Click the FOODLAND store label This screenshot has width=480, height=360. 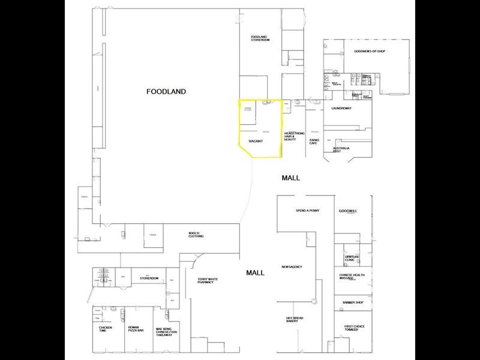166,92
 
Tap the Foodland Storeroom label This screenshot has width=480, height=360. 260,39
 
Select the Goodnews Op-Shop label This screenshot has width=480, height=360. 369,51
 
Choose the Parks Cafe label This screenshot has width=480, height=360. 314,142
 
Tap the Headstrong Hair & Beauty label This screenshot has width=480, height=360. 295,136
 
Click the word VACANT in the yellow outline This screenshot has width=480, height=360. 256,141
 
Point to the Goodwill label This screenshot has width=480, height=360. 347,211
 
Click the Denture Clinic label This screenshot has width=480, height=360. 352,258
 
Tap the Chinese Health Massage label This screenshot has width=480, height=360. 352,276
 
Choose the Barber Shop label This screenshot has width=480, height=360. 353,302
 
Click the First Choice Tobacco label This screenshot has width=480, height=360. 354,328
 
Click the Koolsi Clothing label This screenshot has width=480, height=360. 196,235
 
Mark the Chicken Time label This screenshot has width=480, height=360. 106,329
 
